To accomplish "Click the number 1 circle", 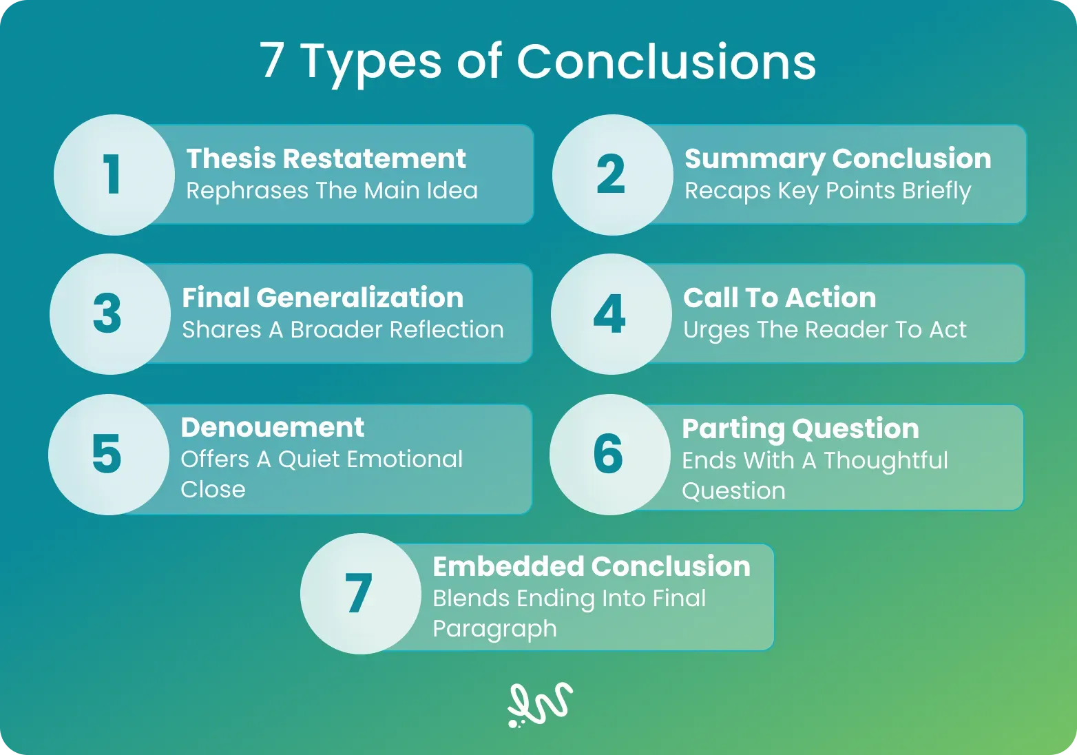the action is (x=114, y=174).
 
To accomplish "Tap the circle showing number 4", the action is (x=611, y=314).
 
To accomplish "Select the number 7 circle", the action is (x=361, y=593).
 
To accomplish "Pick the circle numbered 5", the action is (x=109, y=455).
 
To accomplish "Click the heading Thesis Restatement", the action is (x=326, y=158).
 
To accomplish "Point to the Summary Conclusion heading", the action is (x=837, y=159).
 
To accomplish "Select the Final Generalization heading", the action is (x=323, y=297).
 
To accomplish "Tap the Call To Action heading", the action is (x=780, y=297).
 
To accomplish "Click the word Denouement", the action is (x=273, y=427).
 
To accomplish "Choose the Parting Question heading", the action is (x=801, y=429).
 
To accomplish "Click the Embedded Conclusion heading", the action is (x=592, y=566).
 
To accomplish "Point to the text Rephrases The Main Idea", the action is (x=332, y=190).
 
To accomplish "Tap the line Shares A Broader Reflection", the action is (x=343, y=329).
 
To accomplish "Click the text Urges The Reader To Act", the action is (x=824, y=331).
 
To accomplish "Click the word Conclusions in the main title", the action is (x=667, y=61).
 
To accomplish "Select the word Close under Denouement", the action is (x=213, y=490).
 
